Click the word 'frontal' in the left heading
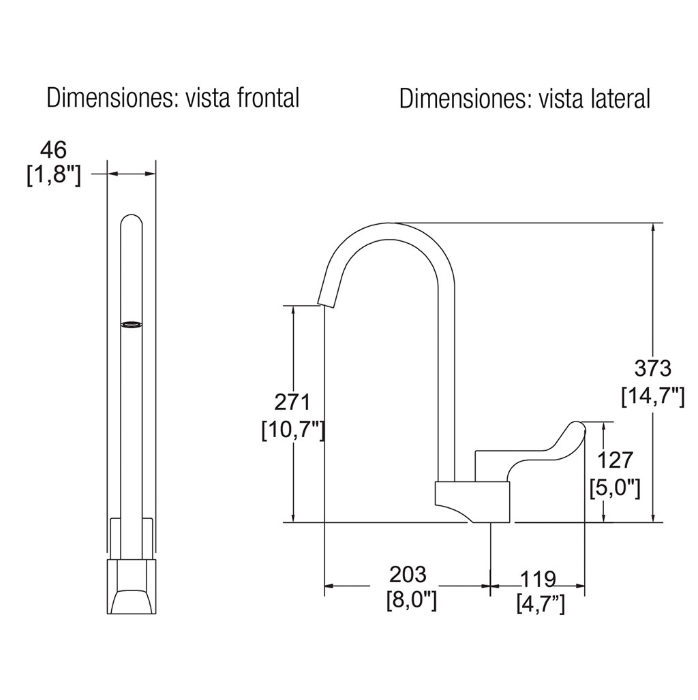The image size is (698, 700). [x=268, y=98]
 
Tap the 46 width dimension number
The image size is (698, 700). [x=54, y=150]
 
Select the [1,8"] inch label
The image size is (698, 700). [x=54, y=176]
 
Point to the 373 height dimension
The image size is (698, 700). [x=653, y=368]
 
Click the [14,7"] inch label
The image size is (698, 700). [x=653, y=396]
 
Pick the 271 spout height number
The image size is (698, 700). [x=292, y=402]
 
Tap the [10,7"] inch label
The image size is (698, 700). [x=292, y=430]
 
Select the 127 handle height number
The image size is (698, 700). [x=616, y=460]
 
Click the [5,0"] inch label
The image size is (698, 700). [x=616, y=488]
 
